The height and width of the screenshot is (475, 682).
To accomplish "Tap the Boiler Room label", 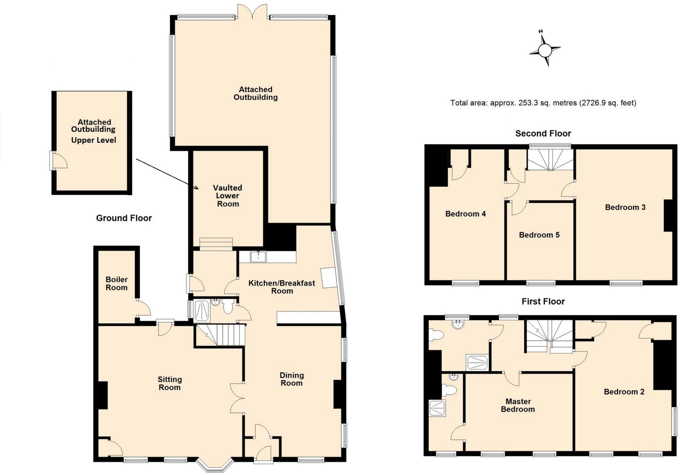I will coord(117,284).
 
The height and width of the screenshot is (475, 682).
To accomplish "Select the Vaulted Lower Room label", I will coord(228,196).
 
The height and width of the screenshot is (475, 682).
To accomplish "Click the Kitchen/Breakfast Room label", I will coord(282,287).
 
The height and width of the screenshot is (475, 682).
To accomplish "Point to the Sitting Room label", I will coord(170,384).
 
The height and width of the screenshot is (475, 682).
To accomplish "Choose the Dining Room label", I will coord(291,379).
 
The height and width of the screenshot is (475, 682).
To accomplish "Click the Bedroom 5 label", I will coord(539,235).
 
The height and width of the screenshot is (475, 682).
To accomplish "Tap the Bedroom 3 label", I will coord(625,207).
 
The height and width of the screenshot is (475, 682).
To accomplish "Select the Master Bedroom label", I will coord(518,406).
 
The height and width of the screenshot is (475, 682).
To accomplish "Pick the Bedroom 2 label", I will coord(624,392).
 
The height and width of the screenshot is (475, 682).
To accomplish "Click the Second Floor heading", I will coord(543,134).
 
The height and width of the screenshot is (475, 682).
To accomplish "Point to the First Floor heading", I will coord(543,302).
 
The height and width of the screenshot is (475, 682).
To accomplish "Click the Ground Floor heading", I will coord(124,218).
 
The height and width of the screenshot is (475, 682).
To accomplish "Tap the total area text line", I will coord(543,103).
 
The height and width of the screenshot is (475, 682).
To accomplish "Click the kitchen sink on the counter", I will coord(258,256).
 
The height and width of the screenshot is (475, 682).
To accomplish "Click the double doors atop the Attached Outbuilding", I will coord(252,12).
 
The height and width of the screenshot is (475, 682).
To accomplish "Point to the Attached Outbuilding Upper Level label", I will coord(94,131).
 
